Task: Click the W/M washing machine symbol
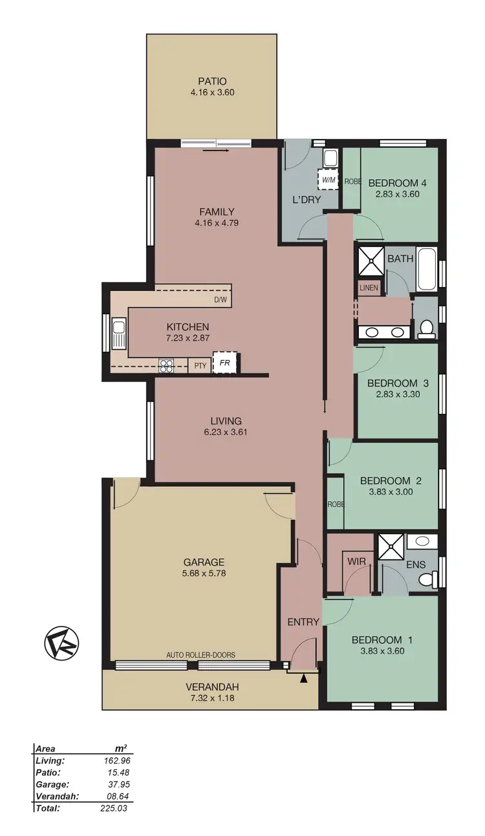(329, 179)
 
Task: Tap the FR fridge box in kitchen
(225, 363)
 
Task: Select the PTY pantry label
(200, 366)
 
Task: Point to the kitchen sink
(119, 332)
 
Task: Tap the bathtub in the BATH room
(427, 269)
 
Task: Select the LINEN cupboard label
(369, 287)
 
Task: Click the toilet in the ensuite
(426, 580)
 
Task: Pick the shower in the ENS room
(391, 546)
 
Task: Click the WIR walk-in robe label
(357, 561)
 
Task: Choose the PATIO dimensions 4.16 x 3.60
(212, 92)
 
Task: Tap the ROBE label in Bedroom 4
(352, 182)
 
